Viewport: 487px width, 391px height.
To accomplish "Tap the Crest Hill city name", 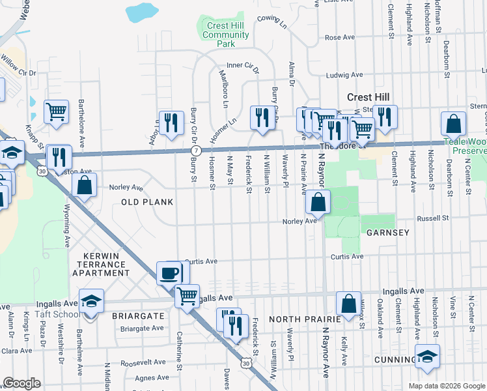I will [x=369, y=96].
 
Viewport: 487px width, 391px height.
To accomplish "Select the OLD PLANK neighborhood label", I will [x=147, y=202].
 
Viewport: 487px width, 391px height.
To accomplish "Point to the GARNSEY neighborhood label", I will [x=387, y=233].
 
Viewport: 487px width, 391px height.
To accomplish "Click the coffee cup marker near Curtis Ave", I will [x=170, y=273].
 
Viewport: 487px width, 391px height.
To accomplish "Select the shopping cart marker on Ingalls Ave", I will [x=187, y=296].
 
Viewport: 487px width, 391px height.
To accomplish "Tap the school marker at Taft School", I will [x=91, y=302].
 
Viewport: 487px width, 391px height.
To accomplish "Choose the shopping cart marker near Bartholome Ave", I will [x=57, y=111].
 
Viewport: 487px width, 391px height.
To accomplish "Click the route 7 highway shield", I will [x=195, y=151].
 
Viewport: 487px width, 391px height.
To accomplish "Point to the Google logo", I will [x=21, y=383].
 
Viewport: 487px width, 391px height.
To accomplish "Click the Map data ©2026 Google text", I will [x=446, y=386].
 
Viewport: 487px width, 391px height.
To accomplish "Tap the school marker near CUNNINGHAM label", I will [x=427, y=356].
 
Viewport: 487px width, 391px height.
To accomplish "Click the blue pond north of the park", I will [x=139, y=12].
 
